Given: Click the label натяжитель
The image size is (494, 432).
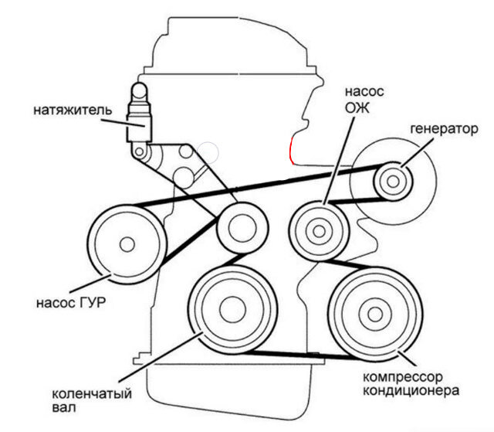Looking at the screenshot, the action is coord(73,111).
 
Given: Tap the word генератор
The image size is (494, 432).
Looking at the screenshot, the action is coord(445,129).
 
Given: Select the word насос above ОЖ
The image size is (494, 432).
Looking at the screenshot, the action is coord(364,91).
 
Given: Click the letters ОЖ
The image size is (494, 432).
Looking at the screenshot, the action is coord(357,108).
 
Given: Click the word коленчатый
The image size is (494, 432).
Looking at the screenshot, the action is coord(92,394).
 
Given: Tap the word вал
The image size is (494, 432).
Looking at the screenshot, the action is coord(64,408).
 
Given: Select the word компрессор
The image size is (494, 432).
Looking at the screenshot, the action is coord(403,377).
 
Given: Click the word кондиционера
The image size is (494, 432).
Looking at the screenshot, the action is coord(411,391).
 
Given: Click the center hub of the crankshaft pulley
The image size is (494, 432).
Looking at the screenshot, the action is coord(232,310).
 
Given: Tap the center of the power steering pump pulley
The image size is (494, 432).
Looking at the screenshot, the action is coord(127,244).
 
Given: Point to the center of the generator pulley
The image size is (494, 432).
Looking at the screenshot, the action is coord(393,182).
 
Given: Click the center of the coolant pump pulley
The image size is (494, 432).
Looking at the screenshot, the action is coord(319,231).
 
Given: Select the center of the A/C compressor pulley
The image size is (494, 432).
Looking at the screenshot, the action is coord(375,314).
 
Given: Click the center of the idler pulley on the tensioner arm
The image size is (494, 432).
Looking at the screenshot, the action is coord(242,228).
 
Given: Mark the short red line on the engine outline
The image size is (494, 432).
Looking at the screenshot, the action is coord(292,150).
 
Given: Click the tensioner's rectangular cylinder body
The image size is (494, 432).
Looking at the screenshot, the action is coord(139,128).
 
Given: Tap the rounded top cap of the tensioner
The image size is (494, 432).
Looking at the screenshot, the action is coord(139,90).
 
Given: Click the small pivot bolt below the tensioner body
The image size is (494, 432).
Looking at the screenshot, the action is coord(139,151).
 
